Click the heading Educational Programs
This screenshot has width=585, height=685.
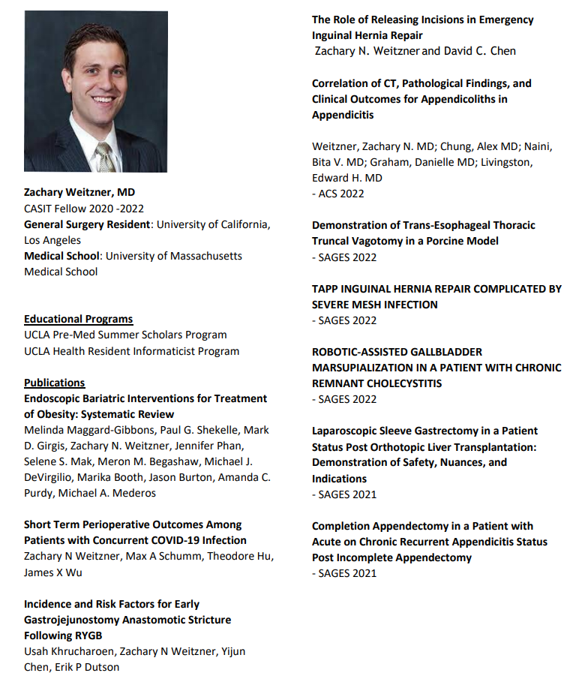(x=78, y=319)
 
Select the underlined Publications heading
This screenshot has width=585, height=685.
(x=55, y=383)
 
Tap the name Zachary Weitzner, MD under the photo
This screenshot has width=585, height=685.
(x=79, y=193)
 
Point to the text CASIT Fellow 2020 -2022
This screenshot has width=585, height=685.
(x=84, y=209)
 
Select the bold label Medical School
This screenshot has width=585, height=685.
(x=61, y=256)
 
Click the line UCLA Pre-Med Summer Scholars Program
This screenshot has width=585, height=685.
(x=125, y=335)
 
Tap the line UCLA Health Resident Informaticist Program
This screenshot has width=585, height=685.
(x=131, y=350)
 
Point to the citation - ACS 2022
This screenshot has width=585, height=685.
(x=338, y=194)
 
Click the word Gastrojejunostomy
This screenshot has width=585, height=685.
(x=76, y=620)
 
